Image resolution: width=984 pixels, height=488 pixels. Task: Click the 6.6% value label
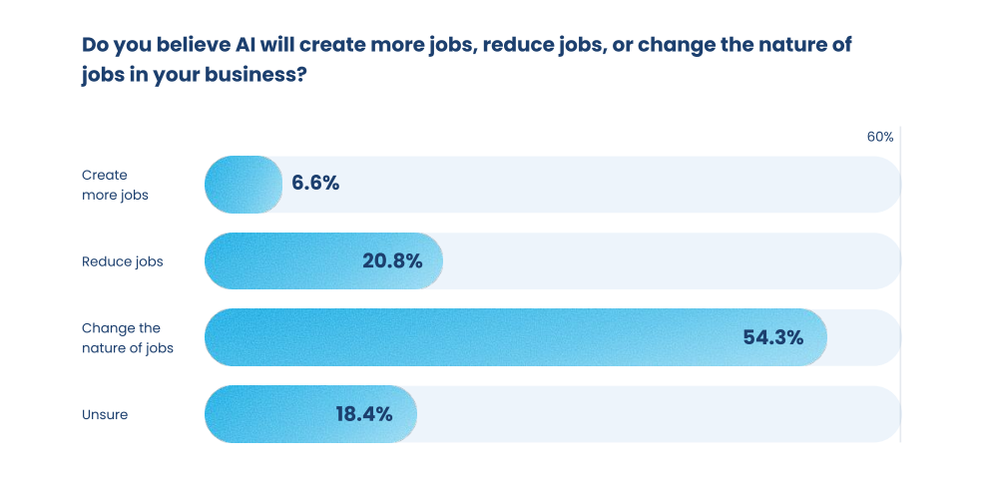click(315, 184)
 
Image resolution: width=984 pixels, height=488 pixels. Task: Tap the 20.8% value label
click(392, 261)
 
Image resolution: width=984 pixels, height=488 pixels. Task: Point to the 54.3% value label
click(772, 337)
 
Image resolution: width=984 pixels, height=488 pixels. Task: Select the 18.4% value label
click(363, 413)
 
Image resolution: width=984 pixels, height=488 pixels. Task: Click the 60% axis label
click(879, 137)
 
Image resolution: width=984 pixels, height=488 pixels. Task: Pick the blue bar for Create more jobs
click(243, 185)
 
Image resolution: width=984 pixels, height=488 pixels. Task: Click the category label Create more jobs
click(115, 185)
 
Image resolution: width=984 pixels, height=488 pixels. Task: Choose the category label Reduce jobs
click(122, 261)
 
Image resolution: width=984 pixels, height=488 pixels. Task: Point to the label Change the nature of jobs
click(128, 337)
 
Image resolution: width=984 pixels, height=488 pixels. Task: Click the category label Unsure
click(105, 414)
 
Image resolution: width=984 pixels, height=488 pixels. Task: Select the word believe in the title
click(185, 46)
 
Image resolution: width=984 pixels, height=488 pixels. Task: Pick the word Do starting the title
click(95, 46)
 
